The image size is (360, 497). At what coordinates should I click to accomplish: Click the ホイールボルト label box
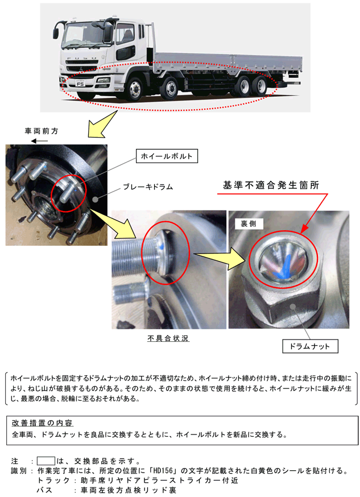coord(167,156)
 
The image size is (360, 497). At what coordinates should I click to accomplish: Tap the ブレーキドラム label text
coord(148,187)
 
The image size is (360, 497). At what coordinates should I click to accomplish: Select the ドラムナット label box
coord(311,346)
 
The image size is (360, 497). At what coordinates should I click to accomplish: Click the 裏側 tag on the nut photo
coord(249,223)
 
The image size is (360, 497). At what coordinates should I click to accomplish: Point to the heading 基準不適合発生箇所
coord(271,185)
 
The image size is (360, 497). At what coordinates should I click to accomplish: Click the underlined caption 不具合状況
coord(168,338)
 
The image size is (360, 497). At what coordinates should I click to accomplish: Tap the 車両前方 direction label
coord(42,131)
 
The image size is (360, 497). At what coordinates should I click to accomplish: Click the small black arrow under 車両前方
coord(39,140)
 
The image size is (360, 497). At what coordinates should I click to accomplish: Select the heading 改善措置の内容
coord(43,423)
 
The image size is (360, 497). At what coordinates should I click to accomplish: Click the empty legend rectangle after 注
coord(46,461)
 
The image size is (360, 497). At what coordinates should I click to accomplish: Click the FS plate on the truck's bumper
coord(80,84)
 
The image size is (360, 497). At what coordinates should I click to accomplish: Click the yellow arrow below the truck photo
coord(101,125)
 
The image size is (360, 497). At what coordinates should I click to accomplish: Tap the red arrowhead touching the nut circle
coord(304,231)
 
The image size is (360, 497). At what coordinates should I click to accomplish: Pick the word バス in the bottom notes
coord(44,490)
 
